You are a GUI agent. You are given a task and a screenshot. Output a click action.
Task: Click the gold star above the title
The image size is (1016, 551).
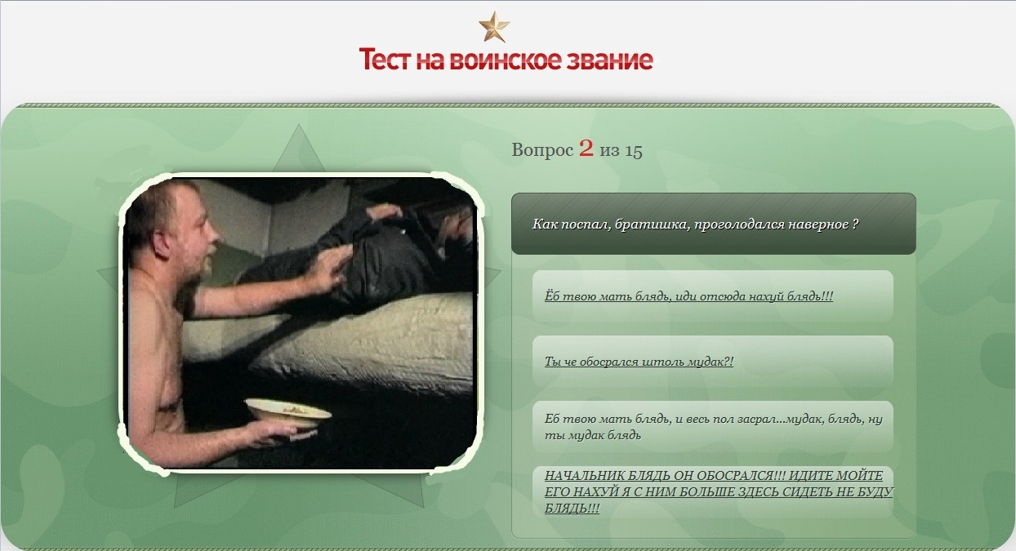pyautogui.click(x=494, y=27)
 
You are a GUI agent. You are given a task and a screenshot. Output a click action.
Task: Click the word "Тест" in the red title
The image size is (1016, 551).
pyautogui.click(x=385, y=60)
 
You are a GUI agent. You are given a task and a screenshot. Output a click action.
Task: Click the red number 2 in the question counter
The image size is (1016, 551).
pyautogui.click(x=586, y=148)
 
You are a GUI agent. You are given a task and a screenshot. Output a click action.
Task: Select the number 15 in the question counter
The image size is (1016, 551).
pyautogui.click(x=634, y=150)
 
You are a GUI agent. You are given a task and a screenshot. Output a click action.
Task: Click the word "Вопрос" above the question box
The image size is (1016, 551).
pyautogui.click(x=542, y=150)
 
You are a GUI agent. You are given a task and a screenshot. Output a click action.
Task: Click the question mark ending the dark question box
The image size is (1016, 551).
pyautogui.click(x=855, y=224)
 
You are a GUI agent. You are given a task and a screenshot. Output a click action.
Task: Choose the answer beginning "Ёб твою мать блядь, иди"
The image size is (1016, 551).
pyautogui.click(x=688, y=296)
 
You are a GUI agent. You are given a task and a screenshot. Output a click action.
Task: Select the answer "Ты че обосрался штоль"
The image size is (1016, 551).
pyautogui.click(x=639, y=362)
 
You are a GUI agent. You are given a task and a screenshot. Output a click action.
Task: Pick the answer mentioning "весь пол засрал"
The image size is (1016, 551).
pyautogui.click(x=714, y=427)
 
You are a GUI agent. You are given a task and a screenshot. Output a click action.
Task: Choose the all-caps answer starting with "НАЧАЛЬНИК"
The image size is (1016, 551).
pyautogui.click(x=719, y=491)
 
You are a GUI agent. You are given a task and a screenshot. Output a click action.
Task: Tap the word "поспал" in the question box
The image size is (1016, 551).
pyautogui.click(x=585, y=224)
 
